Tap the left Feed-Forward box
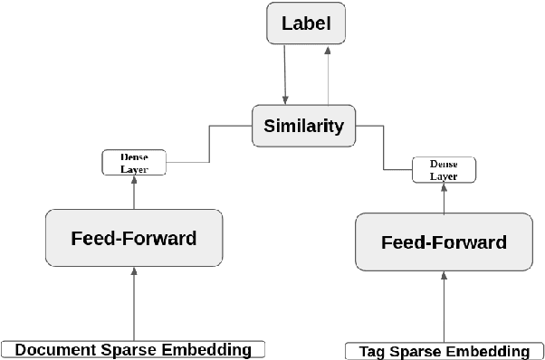coord(133,239)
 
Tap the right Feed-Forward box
coord(444,242)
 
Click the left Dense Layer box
coord(134,163)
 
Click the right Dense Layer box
coord(444,170)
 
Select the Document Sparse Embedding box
coord(133,349)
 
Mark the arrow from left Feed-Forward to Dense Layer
coord(134,193)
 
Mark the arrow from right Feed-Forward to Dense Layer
coord(444,198)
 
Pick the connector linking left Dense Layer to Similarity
coord(210,145)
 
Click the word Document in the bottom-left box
coord(54,349)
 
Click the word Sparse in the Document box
coord(127,349)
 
